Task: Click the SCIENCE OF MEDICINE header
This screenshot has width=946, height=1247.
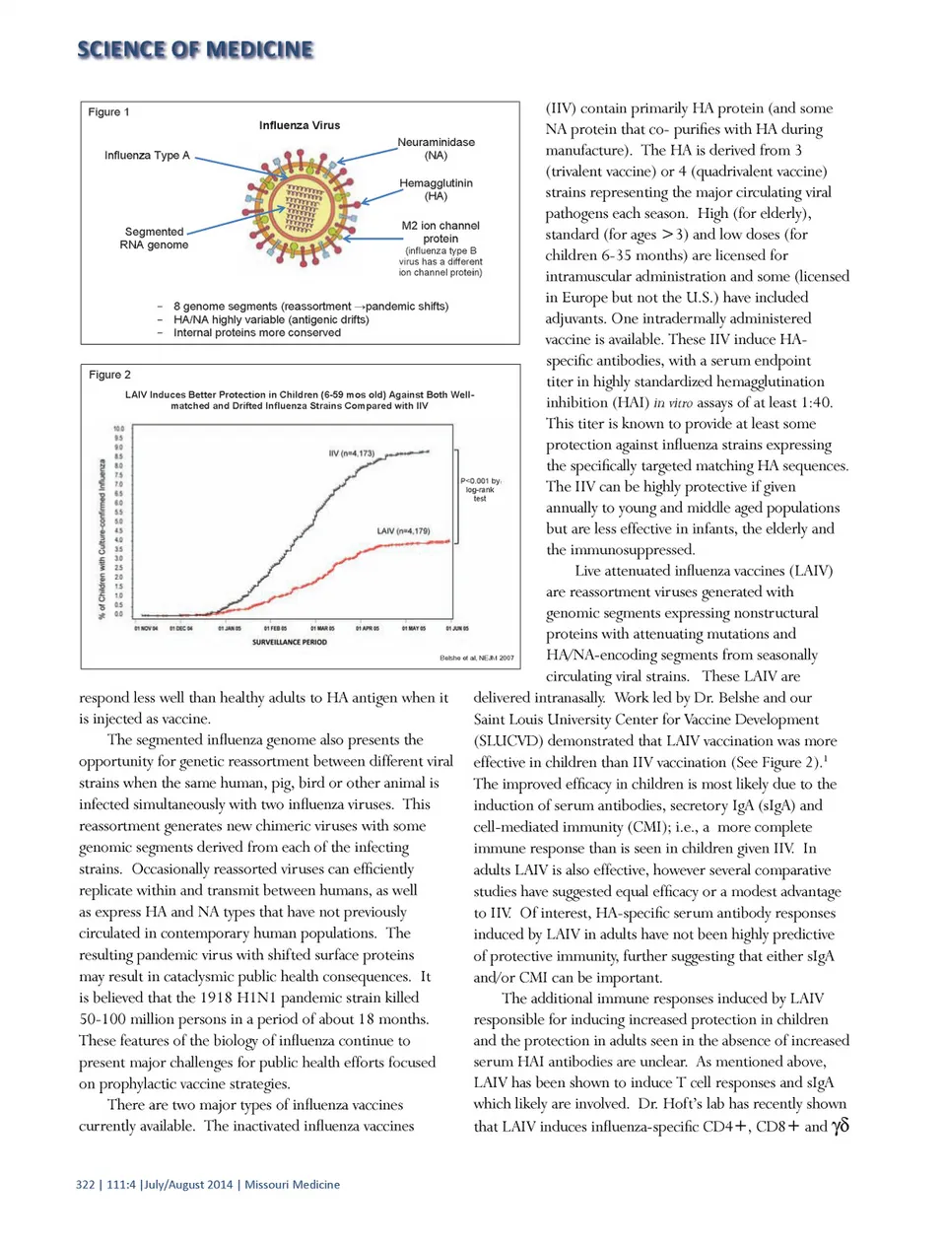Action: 195,49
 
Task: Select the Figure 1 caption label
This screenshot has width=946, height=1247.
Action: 108,112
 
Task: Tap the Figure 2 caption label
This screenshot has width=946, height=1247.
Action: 109,375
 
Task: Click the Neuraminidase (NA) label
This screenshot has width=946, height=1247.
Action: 436,149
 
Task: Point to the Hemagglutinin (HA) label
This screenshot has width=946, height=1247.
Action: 436,189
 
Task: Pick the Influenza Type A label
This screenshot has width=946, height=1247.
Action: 147,156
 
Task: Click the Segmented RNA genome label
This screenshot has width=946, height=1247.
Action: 154,239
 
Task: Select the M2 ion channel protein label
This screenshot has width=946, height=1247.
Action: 440,232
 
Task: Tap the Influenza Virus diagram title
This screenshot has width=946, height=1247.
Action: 300,125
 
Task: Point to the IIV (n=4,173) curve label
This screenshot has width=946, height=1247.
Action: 352,453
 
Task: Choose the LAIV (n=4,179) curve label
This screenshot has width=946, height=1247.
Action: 403,531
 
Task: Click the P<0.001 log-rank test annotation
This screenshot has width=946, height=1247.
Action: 480,489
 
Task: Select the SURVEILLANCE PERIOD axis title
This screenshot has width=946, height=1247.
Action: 290,642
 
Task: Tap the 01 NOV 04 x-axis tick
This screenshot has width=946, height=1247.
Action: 146,628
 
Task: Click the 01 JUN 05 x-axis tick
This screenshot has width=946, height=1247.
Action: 457,628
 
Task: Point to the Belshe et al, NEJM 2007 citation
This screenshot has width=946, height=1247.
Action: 476,658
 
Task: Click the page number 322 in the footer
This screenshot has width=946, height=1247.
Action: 85,1185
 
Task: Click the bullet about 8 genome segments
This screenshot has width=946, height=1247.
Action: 310,307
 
